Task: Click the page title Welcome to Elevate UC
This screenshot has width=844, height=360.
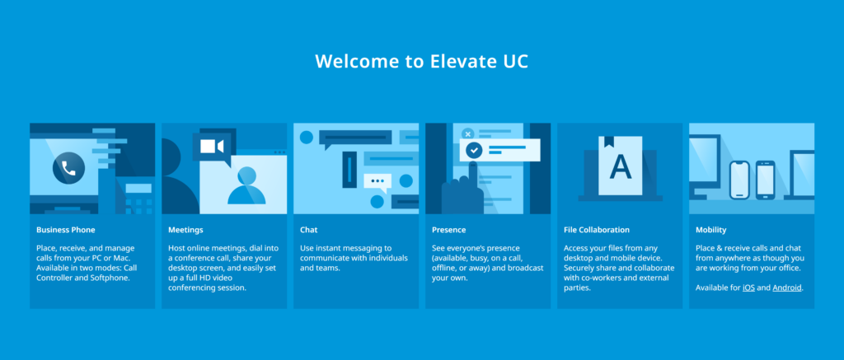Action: point(421,62)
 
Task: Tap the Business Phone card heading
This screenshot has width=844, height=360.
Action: point(65,230)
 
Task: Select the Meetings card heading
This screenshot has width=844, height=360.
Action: point(185,230)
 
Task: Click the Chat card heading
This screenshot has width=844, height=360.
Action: point(308,230)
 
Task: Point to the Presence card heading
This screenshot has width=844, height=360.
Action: point(448,230)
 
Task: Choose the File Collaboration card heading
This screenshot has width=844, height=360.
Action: point(597,230)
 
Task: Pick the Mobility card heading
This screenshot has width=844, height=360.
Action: point(710,230)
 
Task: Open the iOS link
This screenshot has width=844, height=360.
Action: point(748,288)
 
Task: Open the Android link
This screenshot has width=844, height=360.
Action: point(786,288)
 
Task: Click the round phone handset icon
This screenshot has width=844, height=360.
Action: point(68,169)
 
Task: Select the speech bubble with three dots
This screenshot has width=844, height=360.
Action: point(378,181)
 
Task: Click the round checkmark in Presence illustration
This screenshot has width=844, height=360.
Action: point(474,150)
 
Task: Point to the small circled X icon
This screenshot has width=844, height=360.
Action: point(467,133)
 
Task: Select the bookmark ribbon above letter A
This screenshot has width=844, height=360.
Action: point(608,142)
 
